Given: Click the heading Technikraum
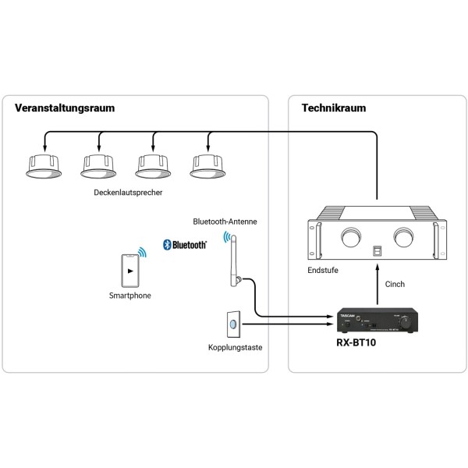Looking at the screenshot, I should pyautogui.click(x=333, y=108).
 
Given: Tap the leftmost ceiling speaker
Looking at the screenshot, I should pyautogui.click(x=44, y=163).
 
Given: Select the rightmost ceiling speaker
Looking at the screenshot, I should pyautogui.click(x=207, y=163).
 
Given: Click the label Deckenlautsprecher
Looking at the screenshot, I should pyautogui.click(x=126, y=191).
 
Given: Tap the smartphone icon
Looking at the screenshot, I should pyautogui.click(x=129, y=270).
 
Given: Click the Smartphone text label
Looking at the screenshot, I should pyautogui.click(x=130, y=296).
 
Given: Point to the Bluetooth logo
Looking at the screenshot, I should pyautogui.click(x=185, y=245).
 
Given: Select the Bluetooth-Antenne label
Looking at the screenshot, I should pyautogui.click(x=225, y=222).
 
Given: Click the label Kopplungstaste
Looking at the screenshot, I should pyautogui.click(x=234, y=348).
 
